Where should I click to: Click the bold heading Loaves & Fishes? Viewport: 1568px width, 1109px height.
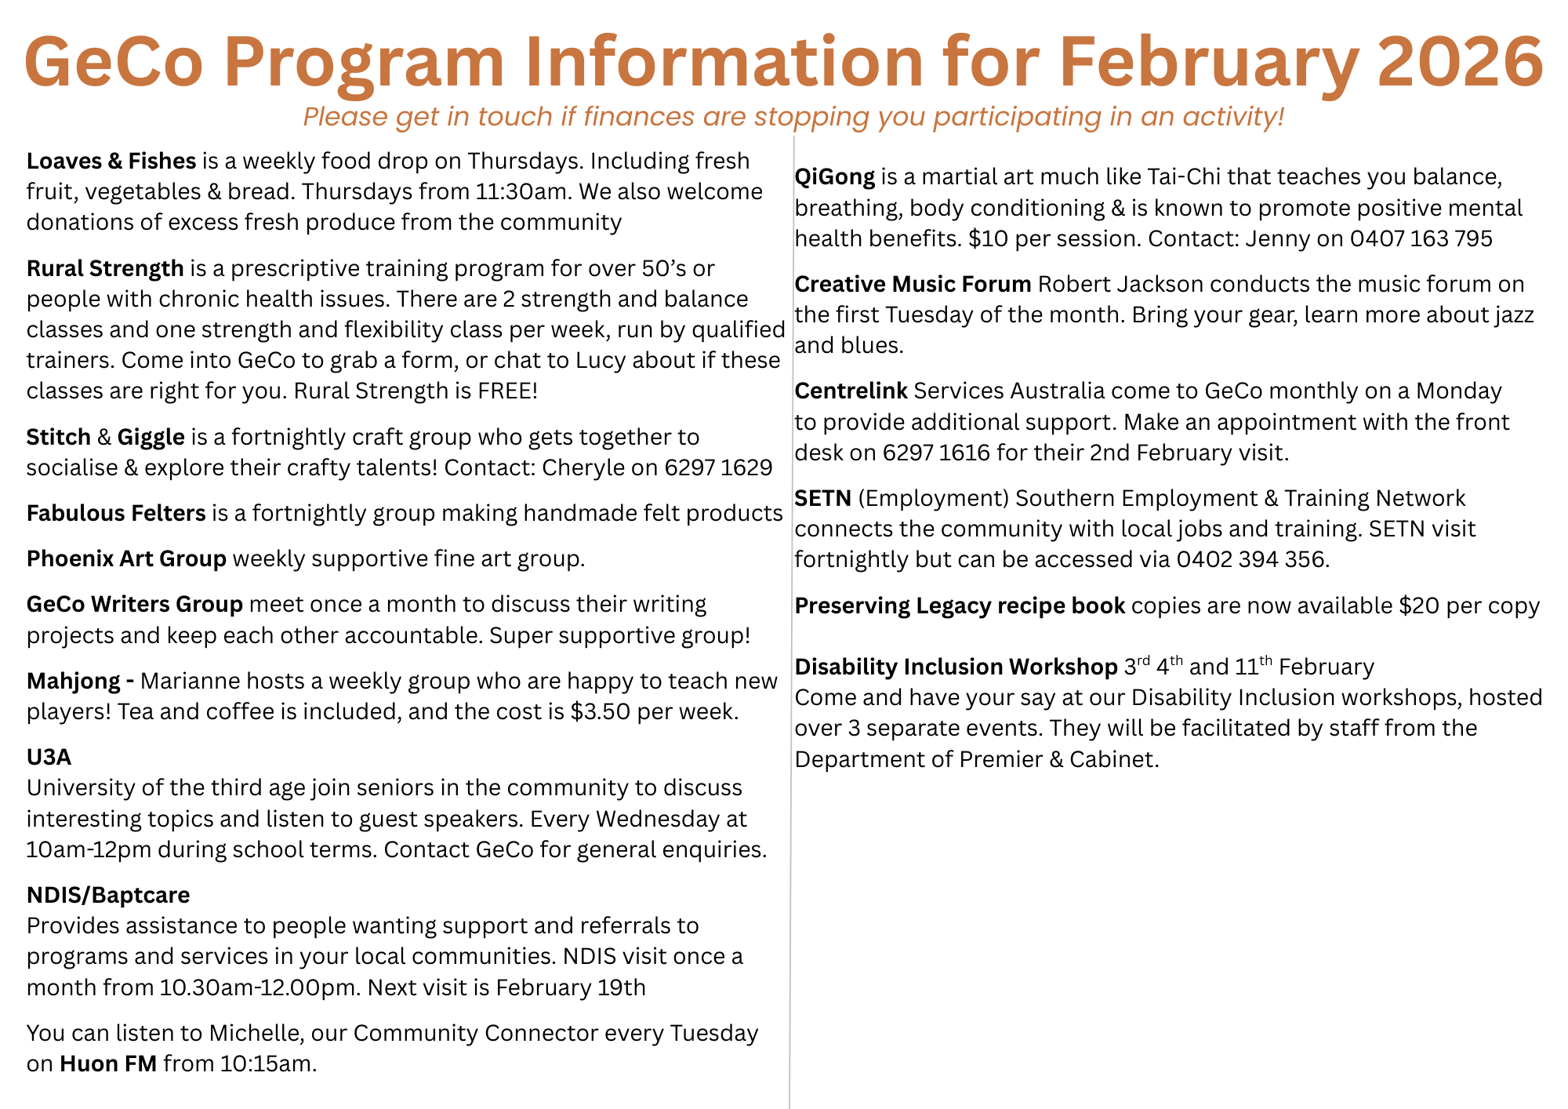point(111,161)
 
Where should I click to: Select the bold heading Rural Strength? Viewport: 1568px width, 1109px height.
point(105,268)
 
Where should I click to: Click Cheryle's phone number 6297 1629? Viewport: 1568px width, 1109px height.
point(718,467)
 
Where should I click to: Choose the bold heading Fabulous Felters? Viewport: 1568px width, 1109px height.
point(116,513)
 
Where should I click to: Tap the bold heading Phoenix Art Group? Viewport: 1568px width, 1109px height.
point(126,558)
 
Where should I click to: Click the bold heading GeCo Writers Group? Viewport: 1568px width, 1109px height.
point(135,604)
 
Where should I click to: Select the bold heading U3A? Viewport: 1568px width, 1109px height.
point(49,757)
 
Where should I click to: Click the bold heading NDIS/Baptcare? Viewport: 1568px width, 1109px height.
point(108,895)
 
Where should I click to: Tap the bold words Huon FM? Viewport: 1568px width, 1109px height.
point(108,1064)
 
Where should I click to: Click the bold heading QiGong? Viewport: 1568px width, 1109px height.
point(835,176)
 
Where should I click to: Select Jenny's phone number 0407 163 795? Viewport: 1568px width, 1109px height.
point(1421,238)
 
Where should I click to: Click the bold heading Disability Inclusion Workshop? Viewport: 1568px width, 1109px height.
point(956,667)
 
